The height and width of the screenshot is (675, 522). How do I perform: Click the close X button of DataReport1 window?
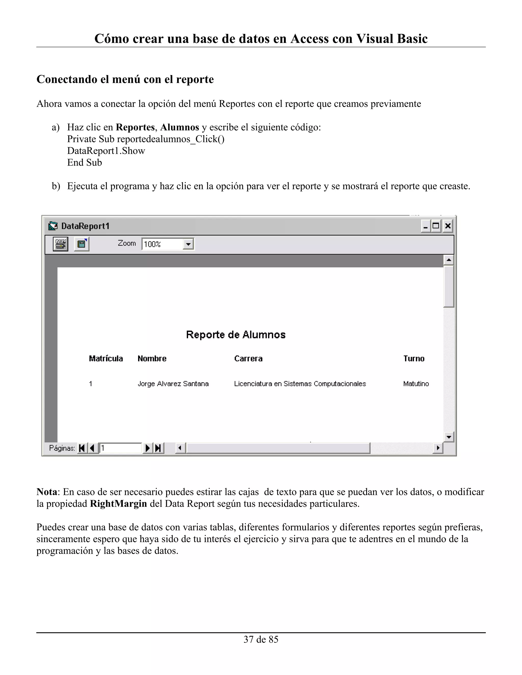[x=448, y=226]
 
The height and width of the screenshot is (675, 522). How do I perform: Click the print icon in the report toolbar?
[x=61, y=244]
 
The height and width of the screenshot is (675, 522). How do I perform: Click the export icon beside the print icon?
[x=82, y=244]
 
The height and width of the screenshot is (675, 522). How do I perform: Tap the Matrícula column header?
[x=106, y=359]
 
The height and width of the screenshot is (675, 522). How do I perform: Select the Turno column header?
[x=413, y=359]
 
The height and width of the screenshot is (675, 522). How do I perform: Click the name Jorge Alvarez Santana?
[x=173, y=384]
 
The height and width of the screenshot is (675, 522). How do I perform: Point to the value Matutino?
[x=416, y=384]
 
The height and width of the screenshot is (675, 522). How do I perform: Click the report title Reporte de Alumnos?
[x=236, y=335]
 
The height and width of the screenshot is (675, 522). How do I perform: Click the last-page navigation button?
[x=158, y=448]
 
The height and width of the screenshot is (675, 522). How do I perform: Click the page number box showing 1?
[x=120, y=448]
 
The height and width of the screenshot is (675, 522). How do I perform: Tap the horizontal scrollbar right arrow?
[x=438, y=448]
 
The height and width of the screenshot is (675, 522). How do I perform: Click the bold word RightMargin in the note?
[x=119, y=504]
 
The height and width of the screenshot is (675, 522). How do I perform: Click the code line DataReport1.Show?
[x=106, y=151]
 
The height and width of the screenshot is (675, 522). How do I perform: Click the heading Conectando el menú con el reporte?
[x=125, y=79]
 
